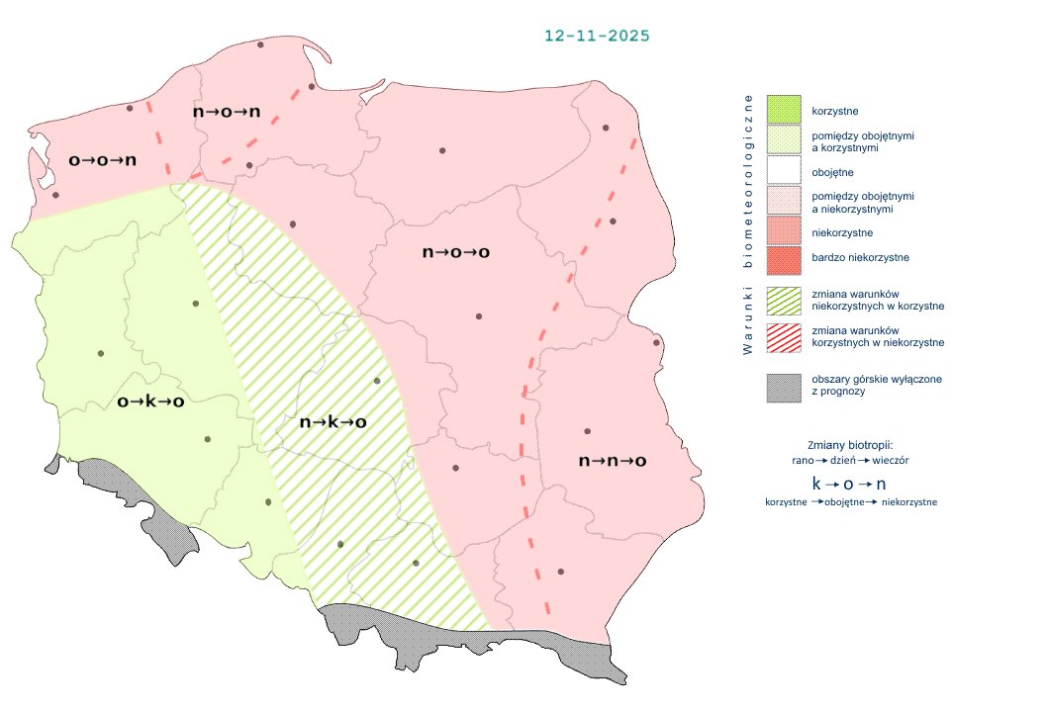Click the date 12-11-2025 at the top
(597, 36)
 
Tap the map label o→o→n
(102, 159)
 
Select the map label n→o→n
(227, 112)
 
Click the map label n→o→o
(456, 252)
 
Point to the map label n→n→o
(613, 461)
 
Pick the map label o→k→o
(150, 401)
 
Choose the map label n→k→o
(333, 422)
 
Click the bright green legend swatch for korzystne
(784, 110)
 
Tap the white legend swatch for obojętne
(784, 172)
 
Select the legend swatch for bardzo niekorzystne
(784, 258)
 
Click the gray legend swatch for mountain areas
(784, 387)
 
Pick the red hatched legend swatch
(784, 336)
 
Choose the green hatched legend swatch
(784, 301)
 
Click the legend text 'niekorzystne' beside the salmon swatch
(841, 233)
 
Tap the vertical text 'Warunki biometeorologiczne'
(748, 224)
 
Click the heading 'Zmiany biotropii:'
(850, 444)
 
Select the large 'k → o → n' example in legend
(849, 485)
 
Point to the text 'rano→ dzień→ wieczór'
(850, 461)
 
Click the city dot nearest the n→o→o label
(479, 316)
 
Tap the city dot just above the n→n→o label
(587, 431)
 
